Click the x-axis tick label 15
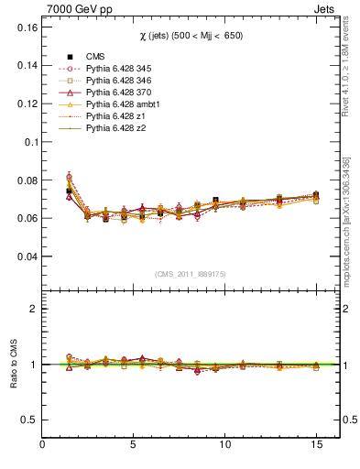[x=316, y=445]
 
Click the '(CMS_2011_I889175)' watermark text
[x=191, y=273]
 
